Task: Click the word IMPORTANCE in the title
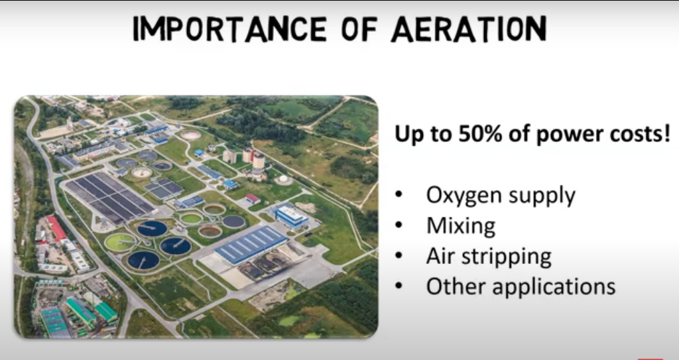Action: click(229, 29)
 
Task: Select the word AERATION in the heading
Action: click(469, 29)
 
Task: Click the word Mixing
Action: click(461, 226)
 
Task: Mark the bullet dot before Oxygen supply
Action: click(399, 196)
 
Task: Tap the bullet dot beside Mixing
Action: click(399, 225)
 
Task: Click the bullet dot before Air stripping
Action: click(399, 256)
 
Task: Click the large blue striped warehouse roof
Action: click(250, 244)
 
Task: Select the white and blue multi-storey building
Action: click(292, 216)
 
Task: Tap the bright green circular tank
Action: click(120, 243)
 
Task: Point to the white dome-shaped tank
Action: click(283, 180)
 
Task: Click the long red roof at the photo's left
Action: click(56, 228)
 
